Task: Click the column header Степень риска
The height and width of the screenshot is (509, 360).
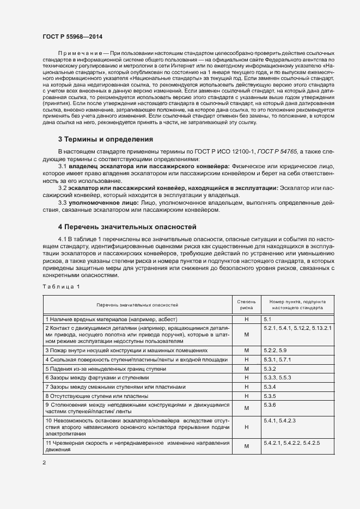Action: tap(246, 304)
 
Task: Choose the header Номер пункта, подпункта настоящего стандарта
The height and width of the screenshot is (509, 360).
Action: tap(294, 304)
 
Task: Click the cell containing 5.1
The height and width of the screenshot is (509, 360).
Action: tap(267, 318)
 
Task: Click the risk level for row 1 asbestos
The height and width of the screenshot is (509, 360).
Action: tap(246, 318)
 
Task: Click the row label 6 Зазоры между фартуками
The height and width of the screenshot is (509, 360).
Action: tap(89, 377)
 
